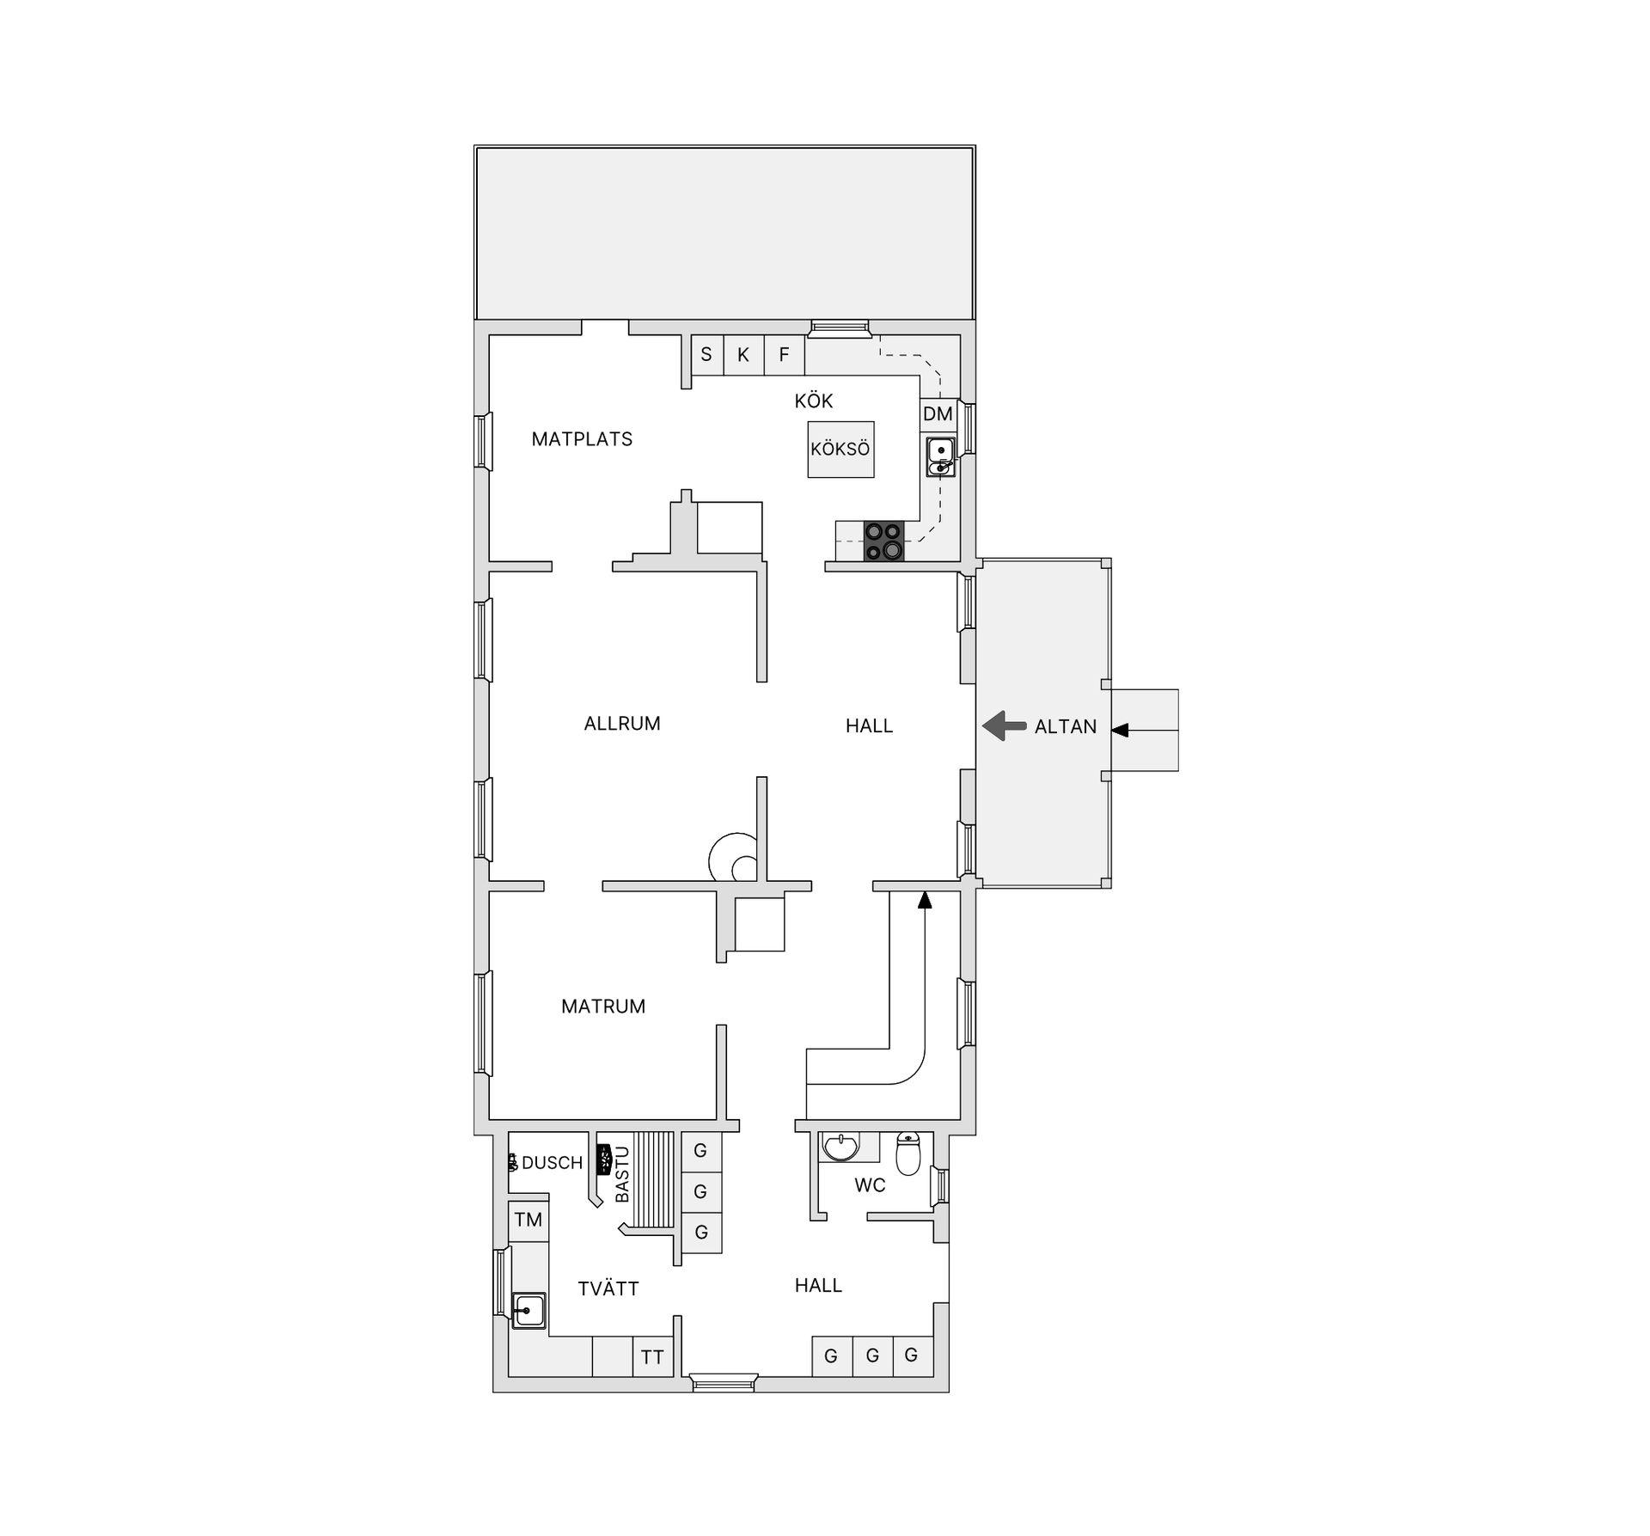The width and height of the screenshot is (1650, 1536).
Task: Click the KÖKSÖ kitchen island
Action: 840,449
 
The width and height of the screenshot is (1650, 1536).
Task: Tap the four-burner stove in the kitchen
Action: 884,542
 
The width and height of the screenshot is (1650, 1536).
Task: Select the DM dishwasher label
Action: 938,414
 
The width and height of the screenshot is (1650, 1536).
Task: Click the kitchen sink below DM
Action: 941,456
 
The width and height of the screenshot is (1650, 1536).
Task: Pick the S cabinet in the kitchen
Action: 706,354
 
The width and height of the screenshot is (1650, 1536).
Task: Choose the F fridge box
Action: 784,354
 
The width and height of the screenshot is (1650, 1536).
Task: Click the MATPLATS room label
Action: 582,439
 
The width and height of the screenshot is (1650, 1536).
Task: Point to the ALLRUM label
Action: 622,724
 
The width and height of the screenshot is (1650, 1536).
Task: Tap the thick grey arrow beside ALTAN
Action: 1005,726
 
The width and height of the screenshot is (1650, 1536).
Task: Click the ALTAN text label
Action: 1066,727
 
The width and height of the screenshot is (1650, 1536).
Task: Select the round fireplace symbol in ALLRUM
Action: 733,858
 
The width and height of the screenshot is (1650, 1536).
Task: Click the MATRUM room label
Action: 603,1007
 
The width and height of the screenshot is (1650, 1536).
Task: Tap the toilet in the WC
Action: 908,1154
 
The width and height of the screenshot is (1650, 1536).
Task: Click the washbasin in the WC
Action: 840,1147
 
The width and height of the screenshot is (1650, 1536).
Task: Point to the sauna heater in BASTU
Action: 603,1160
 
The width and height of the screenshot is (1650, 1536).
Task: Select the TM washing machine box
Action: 529,1220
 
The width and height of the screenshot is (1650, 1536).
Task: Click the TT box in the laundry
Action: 652,1357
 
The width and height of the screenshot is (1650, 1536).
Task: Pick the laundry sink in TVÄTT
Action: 529,1311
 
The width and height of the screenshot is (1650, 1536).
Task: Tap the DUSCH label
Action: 553,1163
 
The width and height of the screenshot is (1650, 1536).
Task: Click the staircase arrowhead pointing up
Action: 925,900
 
